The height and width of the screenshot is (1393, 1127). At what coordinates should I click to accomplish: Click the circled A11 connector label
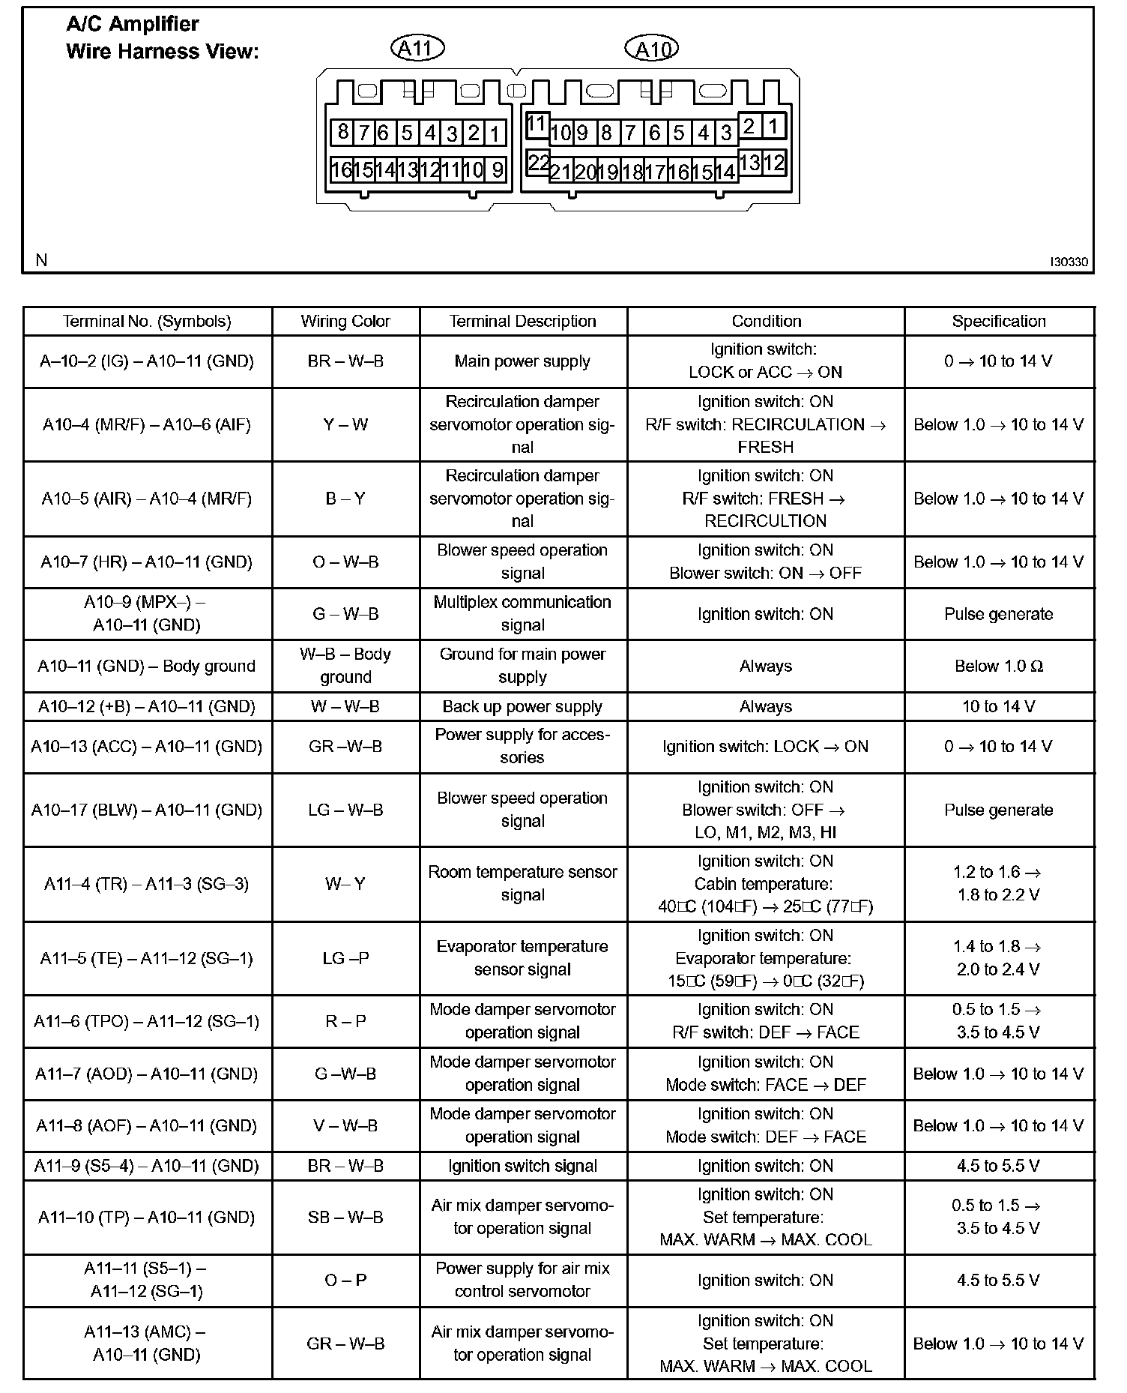(417, 49)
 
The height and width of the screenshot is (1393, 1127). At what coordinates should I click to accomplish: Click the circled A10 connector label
(651, 49)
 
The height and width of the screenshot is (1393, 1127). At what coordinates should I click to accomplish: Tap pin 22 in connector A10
(538, 162)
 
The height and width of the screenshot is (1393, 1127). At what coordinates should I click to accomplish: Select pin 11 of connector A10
(537, 124)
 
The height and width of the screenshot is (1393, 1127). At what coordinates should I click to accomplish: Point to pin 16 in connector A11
(341, 169)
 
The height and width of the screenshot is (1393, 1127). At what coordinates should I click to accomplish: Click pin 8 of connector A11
(342, 133)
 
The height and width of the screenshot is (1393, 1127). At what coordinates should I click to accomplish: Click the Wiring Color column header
(345, 322)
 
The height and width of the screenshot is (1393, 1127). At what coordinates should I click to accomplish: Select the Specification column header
(998, 322)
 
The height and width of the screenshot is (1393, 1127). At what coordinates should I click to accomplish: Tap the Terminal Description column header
(522, 322)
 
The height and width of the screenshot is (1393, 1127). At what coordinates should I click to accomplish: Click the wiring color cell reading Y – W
(345, 425)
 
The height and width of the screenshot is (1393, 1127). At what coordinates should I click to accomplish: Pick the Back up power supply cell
(522, 707)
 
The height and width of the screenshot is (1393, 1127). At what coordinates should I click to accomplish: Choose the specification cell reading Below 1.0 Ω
(998, 667)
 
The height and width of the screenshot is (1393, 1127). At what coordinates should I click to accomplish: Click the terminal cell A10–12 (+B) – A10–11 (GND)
(147, 707)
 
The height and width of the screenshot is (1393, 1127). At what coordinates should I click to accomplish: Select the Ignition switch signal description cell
(522, 1167)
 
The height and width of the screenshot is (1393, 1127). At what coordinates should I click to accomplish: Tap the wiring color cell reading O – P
(345, 1281)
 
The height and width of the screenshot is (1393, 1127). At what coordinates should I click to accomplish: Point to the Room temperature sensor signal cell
(522, 884)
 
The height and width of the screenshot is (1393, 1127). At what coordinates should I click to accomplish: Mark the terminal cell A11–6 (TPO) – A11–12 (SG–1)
(147, 1022)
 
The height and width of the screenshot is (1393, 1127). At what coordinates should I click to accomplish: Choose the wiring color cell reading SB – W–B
(345, 1218)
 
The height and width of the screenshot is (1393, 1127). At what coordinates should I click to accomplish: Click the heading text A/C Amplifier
(133, 24)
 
